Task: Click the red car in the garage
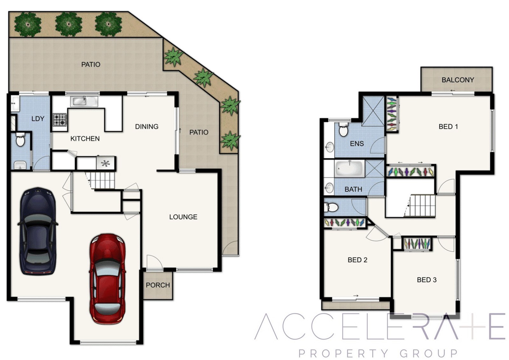(x=108, y=279)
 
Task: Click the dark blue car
(x=38, y=232)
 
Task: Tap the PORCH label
(x=158, y=285)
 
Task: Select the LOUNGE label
(x=183, y=217)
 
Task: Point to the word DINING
(x=147, y=127)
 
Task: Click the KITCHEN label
(x=85, y=139)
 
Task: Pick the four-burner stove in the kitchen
(x=60, y=120)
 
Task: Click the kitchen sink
(x=84, y=101)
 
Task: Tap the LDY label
(x=38, y=119)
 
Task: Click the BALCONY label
(x=458, y=80)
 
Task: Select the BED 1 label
(x=448, y=127)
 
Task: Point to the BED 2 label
(x=358, y=260)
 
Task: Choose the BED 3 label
(x=427, y=280)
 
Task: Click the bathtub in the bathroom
(x=350, y=168)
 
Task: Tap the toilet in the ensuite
(x=343, y=129)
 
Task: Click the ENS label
(x=357, y=143)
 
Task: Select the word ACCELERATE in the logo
(x=380, y=326)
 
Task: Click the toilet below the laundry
(x=20, y=140)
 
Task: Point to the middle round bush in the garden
(x=69, y=24)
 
